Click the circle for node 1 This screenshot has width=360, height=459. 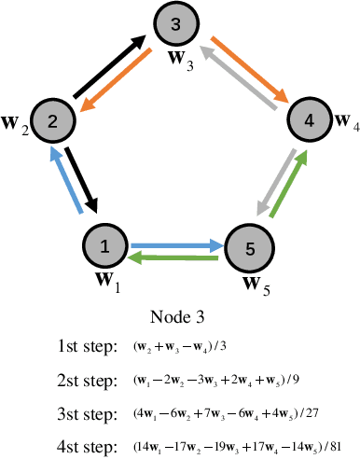click(104, 246)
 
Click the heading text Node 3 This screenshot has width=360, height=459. click(179, 317)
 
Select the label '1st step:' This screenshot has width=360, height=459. click(87, 347)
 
